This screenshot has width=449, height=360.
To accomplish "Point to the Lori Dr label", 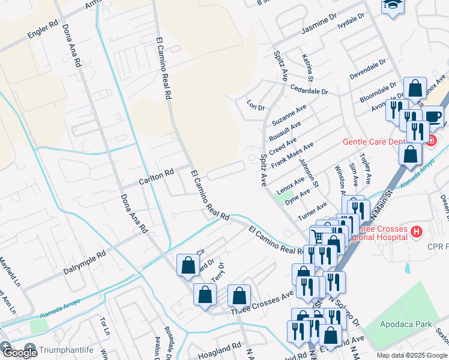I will point(256,106).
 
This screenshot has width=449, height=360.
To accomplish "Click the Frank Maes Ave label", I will point(292,155).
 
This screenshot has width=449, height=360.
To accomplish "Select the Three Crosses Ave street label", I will point(262,304).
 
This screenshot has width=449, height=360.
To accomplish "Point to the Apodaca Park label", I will point(406,324).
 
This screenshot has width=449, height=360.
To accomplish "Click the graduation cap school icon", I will point(393,4).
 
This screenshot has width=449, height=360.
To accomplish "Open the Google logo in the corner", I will point(19,352).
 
